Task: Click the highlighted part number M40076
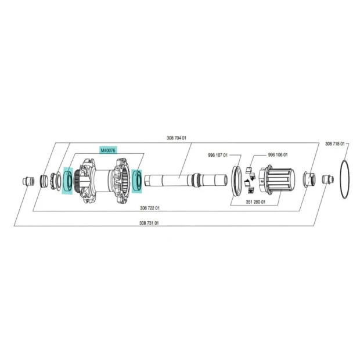108,150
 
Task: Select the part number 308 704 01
177,138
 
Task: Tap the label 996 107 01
218,155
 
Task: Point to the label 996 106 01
278,155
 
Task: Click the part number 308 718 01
335,144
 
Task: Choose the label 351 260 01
255,202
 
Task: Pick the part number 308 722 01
150,208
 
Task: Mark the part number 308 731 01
149,223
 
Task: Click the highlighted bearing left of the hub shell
68,181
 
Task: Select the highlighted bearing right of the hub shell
137,181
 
